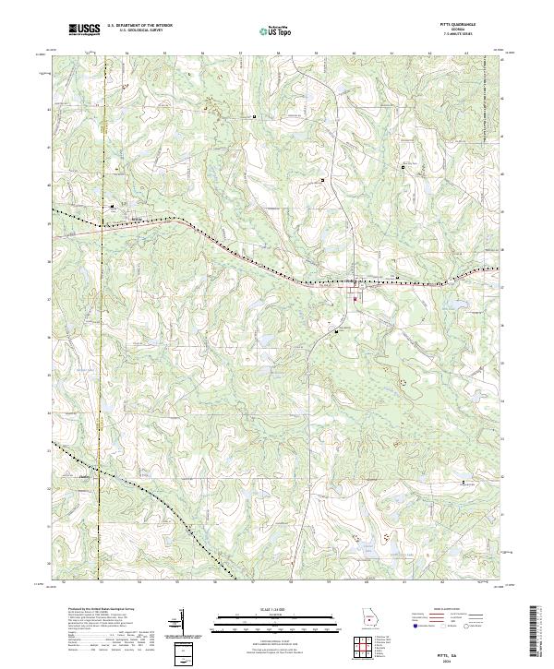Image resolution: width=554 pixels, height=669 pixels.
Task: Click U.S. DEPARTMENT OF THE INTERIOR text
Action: point(139,26)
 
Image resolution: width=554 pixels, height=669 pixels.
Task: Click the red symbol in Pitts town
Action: point(355,296)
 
